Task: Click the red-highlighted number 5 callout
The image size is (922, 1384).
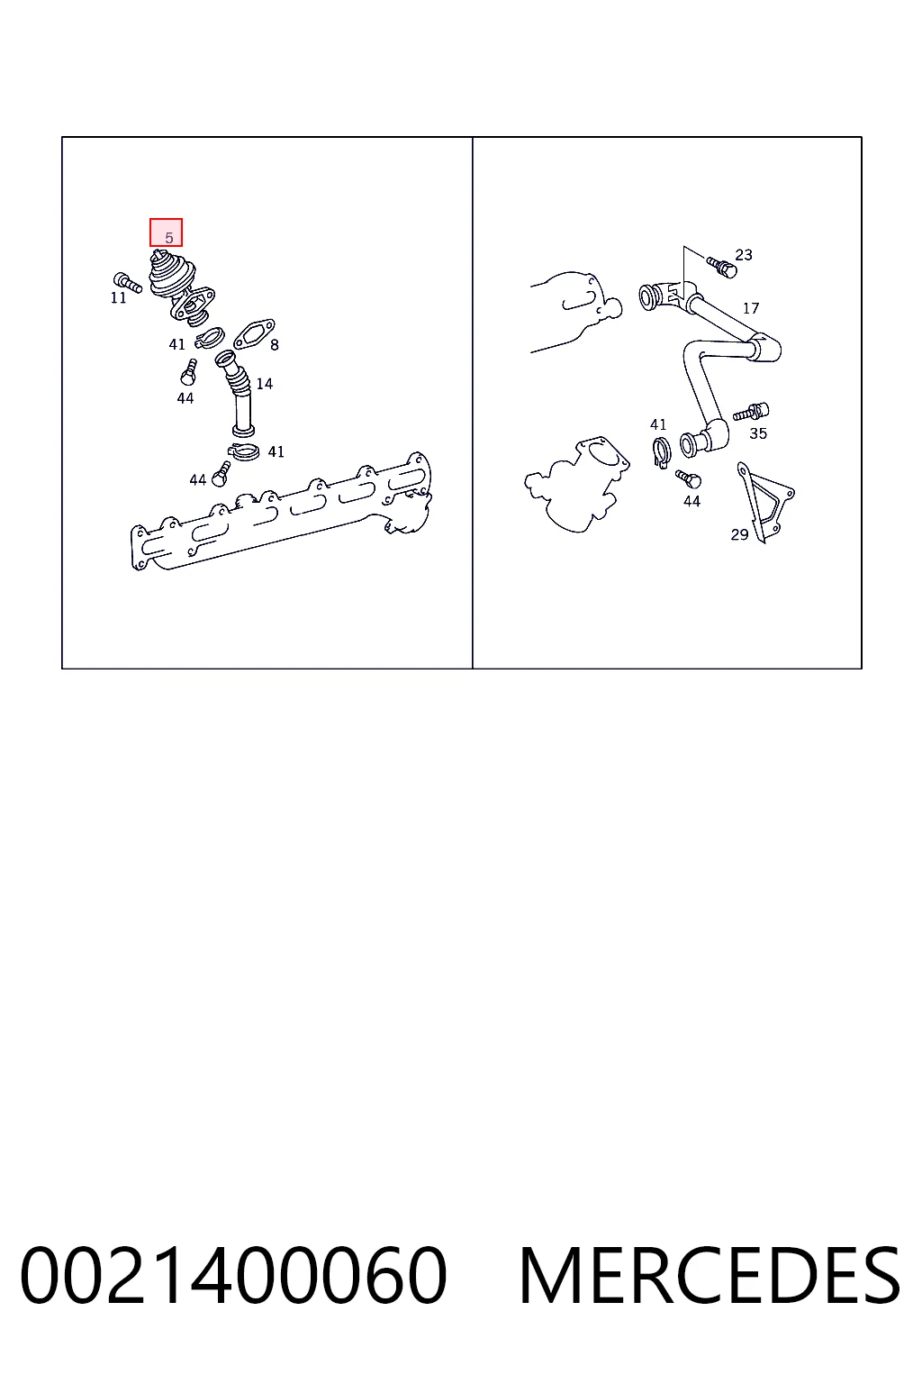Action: coord(166,232)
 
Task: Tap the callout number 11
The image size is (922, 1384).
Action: coord(118,298)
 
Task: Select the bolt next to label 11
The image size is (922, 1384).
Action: coord(128,282)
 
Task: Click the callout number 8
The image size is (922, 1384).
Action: coord(275,345)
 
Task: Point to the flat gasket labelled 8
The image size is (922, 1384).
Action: coord(254,333)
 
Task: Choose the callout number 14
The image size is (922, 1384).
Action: coord(265,384)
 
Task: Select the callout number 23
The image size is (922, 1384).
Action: coord(744,255)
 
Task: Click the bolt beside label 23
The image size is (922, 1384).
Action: coord(722,268)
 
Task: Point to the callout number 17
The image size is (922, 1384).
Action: coord(751,307)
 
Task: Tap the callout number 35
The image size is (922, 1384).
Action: coord(758,433)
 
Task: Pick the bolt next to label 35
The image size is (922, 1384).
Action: coord(751,412)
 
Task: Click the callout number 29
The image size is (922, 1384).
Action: coord(740,534)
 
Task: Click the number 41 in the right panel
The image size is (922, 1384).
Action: coord(658,424)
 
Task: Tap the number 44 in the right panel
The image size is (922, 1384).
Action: coord(691,501)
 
